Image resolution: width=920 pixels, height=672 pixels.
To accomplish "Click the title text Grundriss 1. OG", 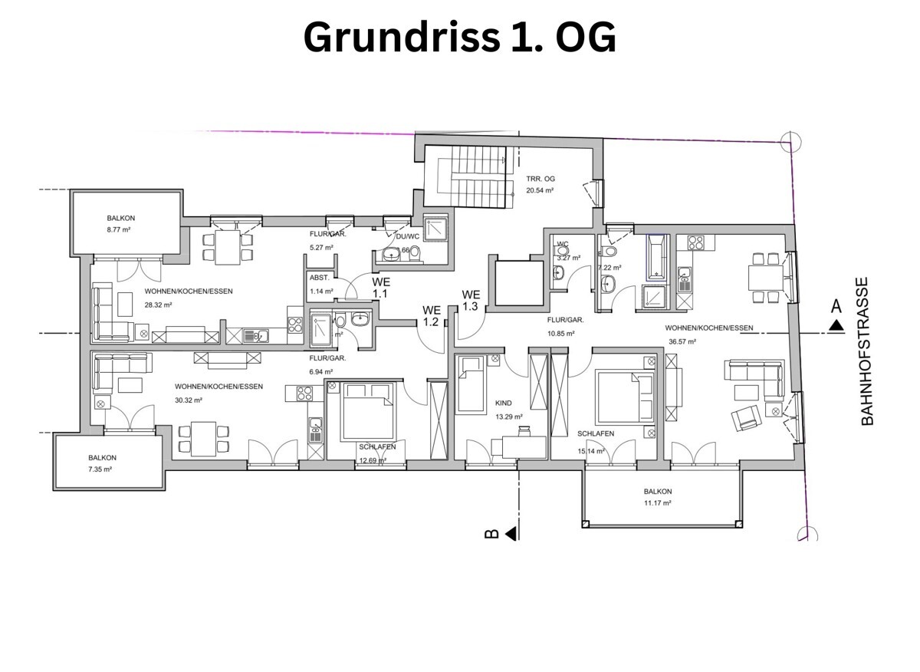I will pyautogui.click(x=459, y=37).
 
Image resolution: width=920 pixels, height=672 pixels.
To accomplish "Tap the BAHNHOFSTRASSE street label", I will pyautogui.click(x=867, y=351).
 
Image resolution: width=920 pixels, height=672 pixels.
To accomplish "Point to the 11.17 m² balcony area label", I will pyautogui.click(x=658, y=503).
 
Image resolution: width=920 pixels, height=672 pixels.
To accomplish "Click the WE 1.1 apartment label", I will pyautogui.click(x=381, y=288).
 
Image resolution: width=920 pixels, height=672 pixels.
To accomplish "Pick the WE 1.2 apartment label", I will pyautogui.click(x=431, y=316).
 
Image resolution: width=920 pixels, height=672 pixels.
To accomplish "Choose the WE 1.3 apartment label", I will pyautogui.click(x=470, y=300).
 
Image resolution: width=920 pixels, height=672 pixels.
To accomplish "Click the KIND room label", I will pyautogui.click(x=503, y=403).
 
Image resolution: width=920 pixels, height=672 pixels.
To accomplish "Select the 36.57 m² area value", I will pyautogui.click(x=681, y=341).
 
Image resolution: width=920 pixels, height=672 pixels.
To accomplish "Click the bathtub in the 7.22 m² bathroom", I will pyautogui.click(x=657, y=256).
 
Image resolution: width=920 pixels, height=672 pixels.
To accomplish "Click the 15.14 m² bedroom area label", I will pyautogui.click(x=592, y=451).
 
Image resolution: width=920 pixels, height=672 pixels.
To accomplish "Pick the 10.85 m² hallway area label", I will pyautogui.click(x=560, y=333).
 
